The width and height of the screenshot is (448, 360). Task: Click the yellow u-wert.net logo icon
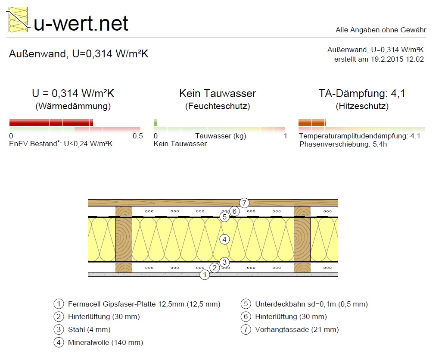(x=18, y=20)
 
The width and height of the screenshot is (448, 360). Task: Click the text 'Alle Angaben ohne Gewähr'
(x=381, y=30)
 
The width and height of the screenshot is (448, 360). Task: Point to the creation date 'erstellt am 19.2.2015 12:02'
(x=379, y=59)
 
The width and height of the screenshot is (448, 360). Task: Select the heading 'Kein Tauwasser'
(x=218, y=94)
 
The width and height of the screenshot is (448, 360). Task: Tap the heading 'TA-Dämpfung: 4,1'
(x=362, y=94)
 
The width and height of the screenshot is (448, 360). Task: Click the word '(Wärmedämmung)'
(x=73, y=106)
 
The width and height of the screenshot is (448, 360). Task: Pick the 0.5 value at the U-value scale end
(x=138, y=136)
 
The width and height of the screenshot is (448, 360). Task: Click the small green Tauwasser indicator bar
(x=156, y=122)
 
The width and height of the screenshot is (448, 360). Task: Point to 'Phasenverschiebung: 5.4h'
(x=343, y=144)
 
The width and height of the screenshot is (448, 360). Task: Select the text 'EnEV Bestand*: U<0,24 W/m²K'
(x=61, y=144)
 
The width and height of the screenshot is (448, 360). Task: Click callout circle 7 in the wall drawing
(x=244, y=203)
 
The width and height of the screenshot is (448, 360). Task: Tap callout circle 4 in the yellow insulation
(x=224, y=239)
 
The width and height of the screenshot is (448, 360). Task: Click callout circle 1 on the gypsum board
(x=205, y=275)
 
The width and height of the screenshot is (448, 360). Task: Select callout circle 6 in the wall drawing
(x=235, y=211)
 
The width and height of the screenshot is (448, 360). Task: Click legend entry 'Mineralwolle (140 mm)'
(x=106, y=343)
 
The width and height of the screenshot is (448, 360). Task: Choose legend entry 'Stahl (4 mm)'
(x=89, y=330)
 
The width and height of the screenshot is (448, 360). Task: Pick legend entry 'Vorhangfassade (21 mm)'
(x=297, y=330)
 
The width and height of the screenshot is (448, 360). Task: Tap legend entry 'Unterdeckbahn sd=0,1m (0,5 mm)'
(x=311, y=304)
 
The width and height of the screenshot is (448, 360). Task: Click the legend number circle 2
(x=59, y=316)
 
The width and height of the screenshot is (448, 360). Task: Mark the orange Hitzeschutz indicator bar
(x=312, y=122)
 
